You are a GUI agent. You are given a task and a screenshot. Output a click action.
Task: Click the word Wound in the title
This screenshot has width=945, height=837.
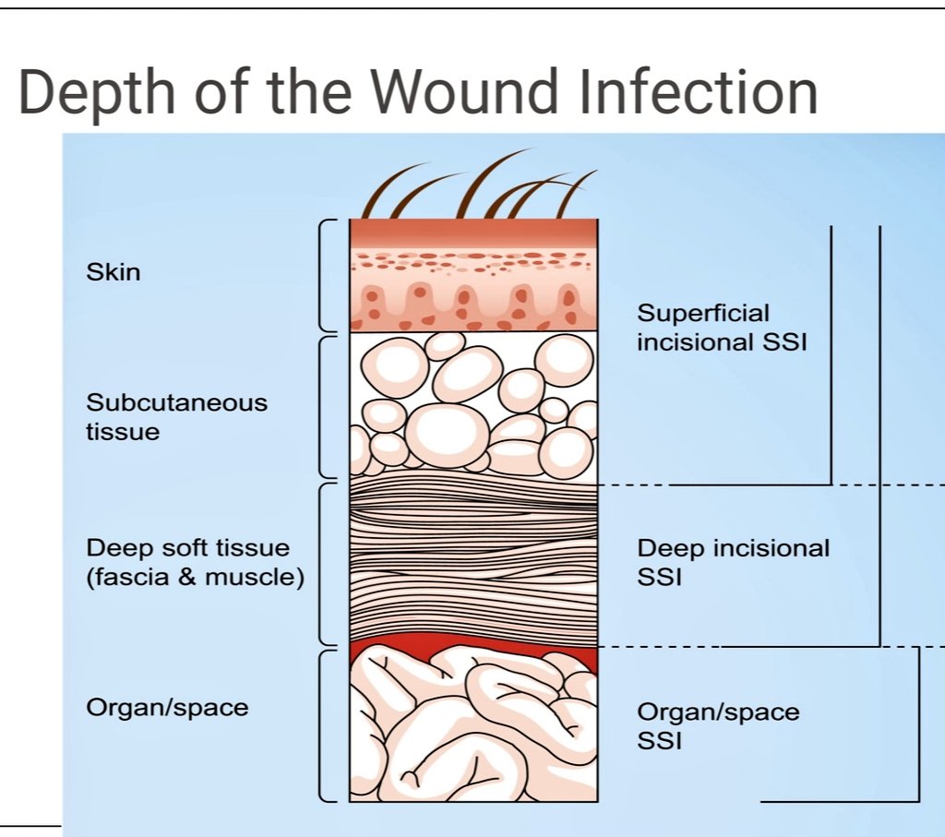pyautogui.click(x=470, y=93)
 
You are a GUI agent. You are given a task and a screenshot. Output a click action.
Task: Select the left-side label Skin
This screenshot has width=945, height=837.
pyautogui.click(x=113, y=272)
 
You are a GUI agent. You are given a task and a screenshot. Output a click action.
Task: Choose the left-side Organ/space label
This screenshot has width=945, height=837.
pyautogui.click(x=167, y=708)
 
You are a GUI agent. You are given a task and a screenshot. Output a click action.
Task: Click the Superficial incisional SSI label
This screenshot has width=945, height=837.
pyautogui.click(x=721, y=328)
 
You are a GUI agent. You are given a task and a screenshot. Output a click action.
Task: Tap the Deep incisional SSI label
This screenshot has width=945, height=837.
pyautogui.click(x=733, y=563)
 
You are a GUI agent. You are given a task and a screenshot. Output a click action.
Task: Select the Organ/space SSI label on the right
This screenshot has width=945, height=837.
pyautogui.click(x=718, y=725)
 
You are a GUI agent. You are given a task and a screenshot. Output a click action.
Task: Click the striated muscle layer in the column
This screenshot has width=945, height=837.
pyautogui.click(x=472, y=563)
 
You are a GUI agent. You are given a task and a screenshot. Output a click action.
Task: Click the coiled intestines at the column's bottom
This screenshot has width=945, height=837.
pyautogui.click(x=472, y=729)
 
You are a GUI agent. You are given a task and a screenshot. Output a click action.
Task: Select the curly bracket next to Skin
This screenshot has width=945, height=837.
pyautogui.click(x=324, y=275)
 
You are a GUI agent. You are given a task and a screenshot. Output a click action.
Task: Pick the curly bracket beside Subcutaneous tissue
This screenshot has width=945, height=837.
pyautogui.click(x=324, y=406)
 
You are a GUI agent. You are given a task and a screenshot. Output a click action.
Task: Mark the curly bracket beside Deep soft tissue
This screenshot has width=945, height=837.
pyautogui.click(x=324, y=563)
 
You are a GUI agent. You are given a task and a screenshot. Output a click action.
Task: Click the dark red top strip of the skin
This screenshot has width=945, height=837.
pyautogui.click(x=472, y=232)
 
